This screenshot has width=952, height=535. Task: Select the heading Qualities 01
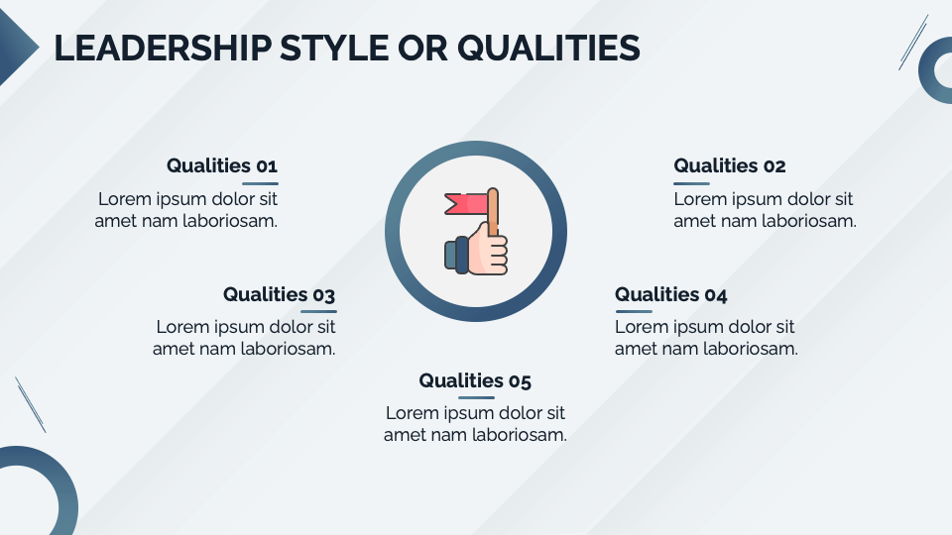coord(222,165)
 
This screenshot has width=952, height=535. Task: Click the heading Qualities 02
coord(730,165)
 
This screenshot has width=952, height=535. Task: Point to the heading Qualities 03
coord(279,294)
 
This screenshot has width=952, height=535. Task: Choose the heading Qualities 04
coord(671,294)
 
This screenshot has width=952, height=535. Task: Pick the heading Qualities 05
coord(475,380)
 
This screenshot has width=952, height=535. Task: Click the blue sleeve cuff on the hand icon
coord(455,254)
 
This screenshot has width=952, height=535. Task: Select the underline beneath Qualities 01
coord(260,183)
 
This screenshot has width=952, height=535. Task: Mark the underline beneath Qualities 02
coord(691,183)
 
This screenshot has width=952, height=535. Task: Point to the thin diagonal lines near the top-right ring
coord(912,42)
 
